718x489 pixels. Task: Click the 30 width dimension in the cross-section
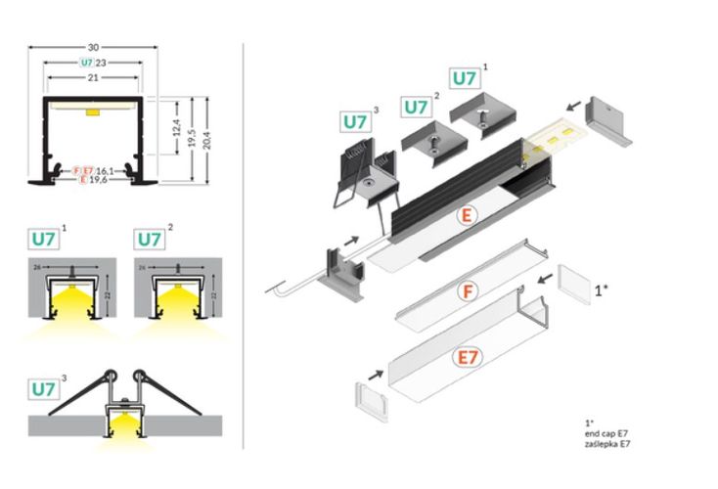click(94, 46)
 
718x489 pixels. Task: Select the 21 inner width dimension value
click(94, 77)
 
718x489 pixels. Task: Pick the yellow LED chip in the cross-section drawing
click(93, 113)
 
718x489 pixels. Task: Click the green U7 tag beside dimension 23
click(87, 62)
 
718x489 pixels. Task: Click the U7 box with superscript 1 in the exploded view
click(467, 78)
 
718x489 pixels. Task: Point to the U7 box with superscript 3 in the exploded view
click(356, 122)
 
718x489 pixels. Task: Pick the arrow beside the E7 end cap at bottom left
click(377, 372)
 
